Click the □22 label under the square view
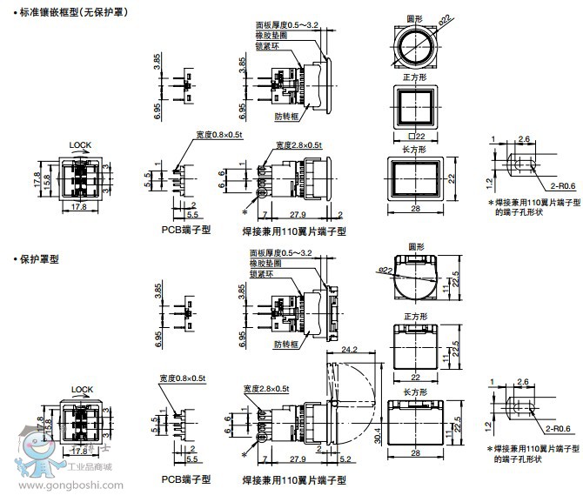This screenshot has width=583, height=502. coord(417,136)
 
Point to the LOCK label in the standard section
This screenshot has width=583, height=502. coord(81,144)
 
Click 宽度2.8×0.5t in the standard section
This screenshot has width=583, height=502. coord(298,144)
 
